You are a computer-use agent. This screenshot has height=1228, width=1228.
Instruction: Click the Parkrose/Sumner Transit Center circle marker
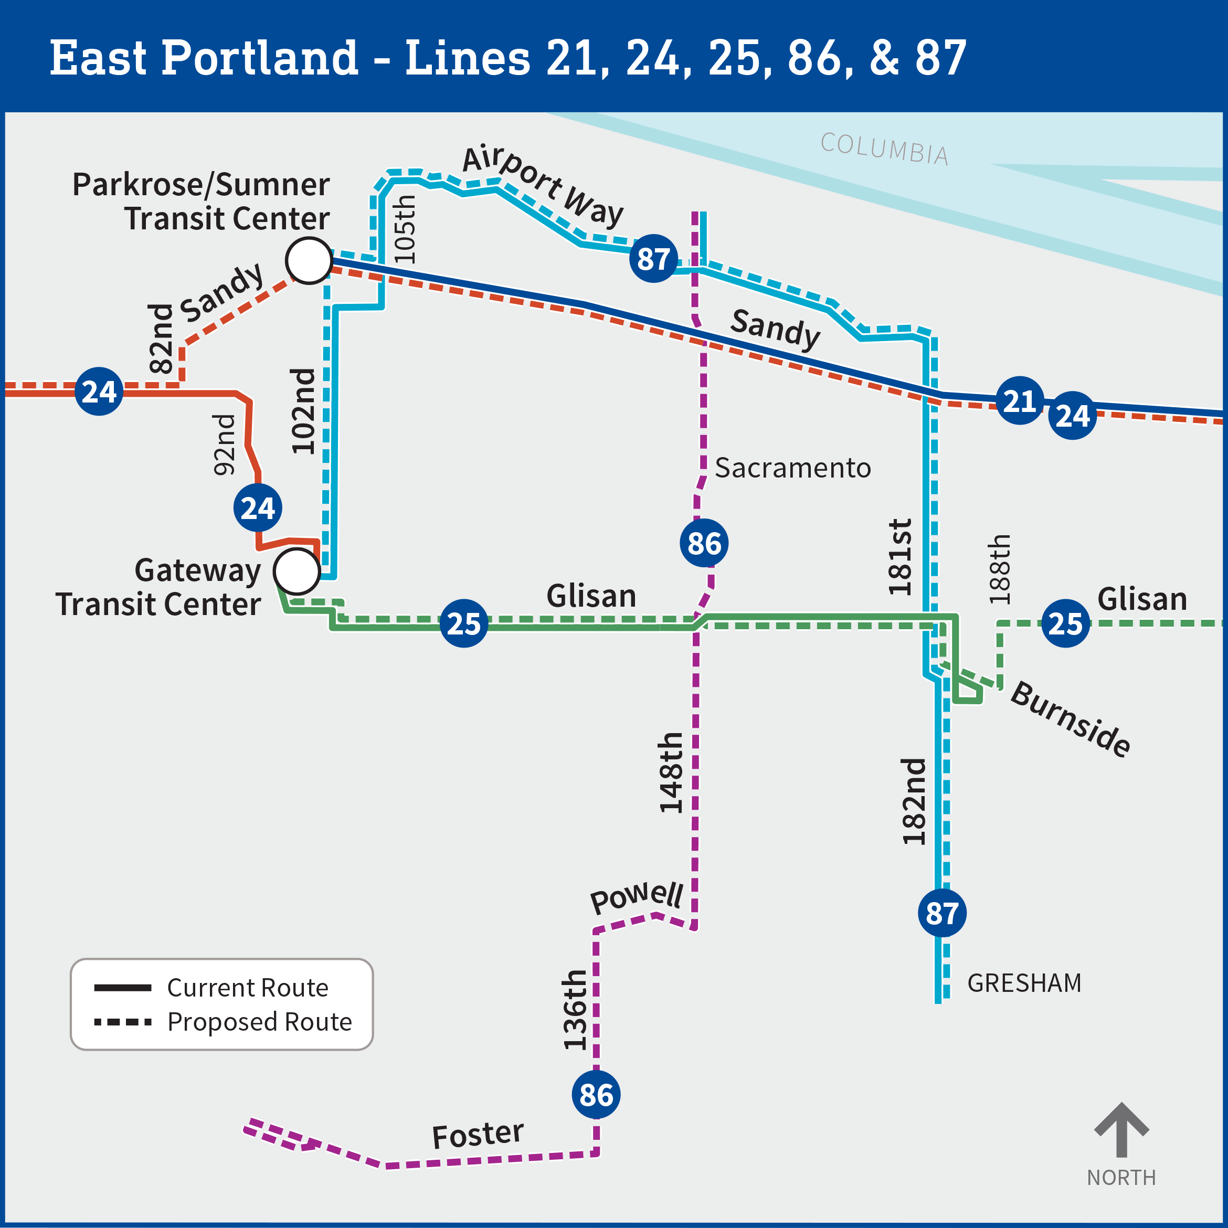click(x=309, y=261)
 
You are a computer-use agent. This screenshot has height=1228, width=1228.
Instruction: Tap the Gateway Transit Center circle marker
click(x=297, y=571)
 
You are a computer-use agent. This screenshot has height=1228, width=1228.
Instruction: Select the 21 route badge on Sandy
click(x=1020, y=400)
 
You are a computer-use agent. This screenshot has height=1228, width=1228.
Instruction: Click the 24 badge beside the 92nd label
click(x=258, y=508)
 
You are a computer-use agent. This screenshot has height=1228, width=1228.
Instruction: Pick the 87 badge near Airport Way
click(x=653, y=259)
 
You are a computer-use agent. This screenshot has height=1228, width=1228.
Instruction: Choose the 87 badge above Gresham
click(x=942, y=913)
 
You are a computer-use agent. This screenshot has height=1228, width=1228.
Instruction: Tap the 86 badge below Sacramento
click(x=704, y=544)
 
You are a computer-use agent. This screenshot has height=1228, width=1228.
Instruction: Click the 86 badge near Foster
click(x=596, y=1095)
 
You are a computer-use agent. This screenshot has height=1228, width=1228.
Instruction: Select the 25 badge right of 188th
click(x=1066, y=623)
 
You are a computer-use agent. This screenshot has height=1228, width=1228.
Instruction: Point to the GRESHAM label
click(x=1024, y=983)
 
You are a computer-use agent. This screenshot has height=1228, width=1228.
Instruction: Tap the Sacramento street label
click(x=792, y=468)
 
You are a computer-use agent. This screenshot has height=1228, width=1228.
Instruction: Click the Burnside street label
click(x=1071, y=719)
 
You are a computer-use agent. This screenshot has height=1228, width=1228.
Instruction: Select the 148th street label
click(x=671, y=772)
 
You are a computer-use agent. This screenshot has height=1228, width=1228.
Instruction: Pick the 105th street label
click(x=405, y=229)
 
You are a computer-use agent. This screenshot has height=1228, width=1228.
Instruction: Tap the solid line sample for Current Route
click(x=123, y=988)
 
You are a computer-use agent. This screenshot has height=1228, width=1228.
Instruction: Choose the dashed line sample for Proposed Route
click(x=123, y=1022)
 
